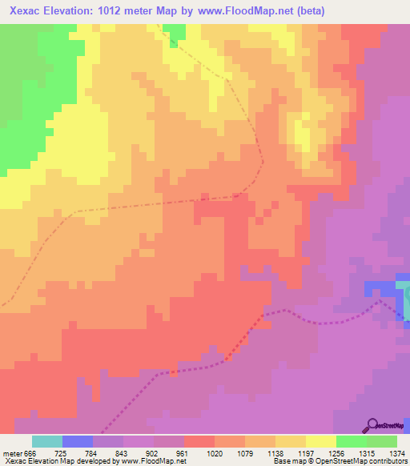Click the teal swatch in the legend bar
coord(47,441)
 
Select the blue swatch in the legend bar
coord(78,441)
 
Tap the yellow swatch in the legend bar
coord(321,441)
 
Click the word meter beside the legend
coord(11,452)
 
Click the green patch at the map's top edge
coord(175,30)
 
